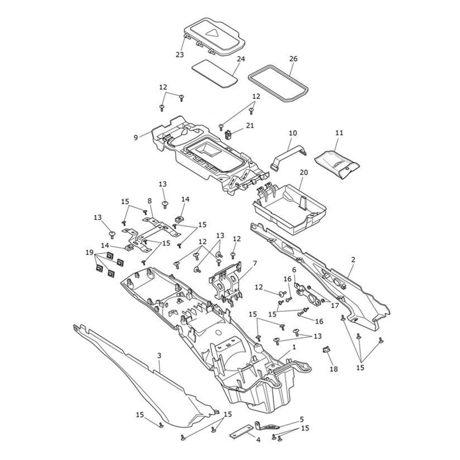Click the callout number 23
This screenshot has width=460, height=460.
(180, 54)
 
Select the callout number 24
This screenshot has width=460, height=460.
(241, 59)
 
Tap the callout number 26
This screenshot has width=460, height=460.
(293, 59)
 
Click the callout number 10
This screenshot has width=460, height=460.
(293, 133)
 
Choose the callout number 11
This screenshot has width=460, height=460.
(339, 133)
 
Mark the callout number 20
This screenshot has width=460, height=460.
(304, 173)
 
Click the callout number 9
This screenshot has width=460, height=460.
(136, 137)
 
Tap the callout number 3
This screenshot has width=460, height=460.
(159, 355)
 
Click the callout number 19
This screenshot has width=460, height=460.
(89, 252)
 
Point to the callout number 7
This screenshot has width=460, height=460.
(255, 263)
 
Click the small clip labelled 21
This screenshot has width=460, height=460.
(228, 135)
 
